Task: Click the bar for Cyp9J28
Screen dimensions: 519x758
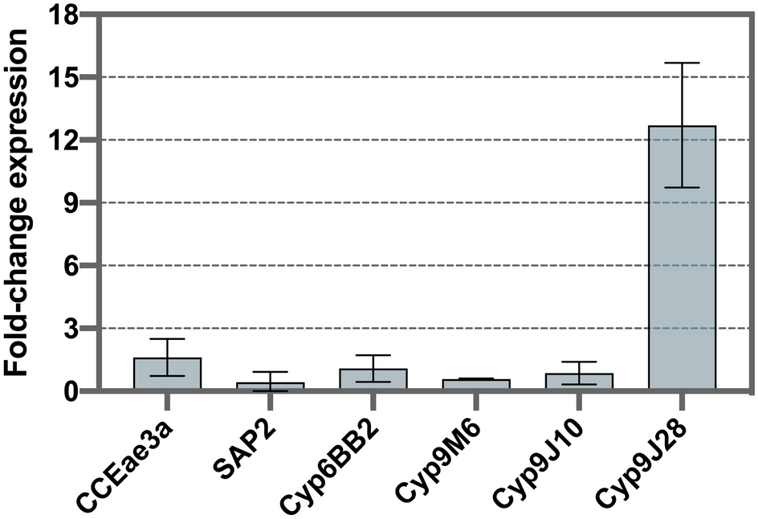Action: [x=682, y=258]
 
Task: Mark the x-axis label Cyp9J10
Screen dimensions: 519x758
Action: [x=544, y=462]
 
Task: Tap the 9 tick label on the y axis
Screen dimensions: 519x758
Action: [x=72, y=202]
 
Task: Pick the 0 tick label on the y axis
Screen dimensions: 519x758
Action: [x=72, y=391]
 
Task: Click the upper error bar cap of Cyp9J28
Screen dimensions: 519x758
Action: [x=682, y=63]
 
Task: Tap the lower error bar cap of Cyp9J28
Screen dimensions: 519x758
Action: [x=682, y=187]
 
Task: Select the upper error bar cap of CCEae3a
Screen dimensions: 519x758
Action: [x=167, y=339]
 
